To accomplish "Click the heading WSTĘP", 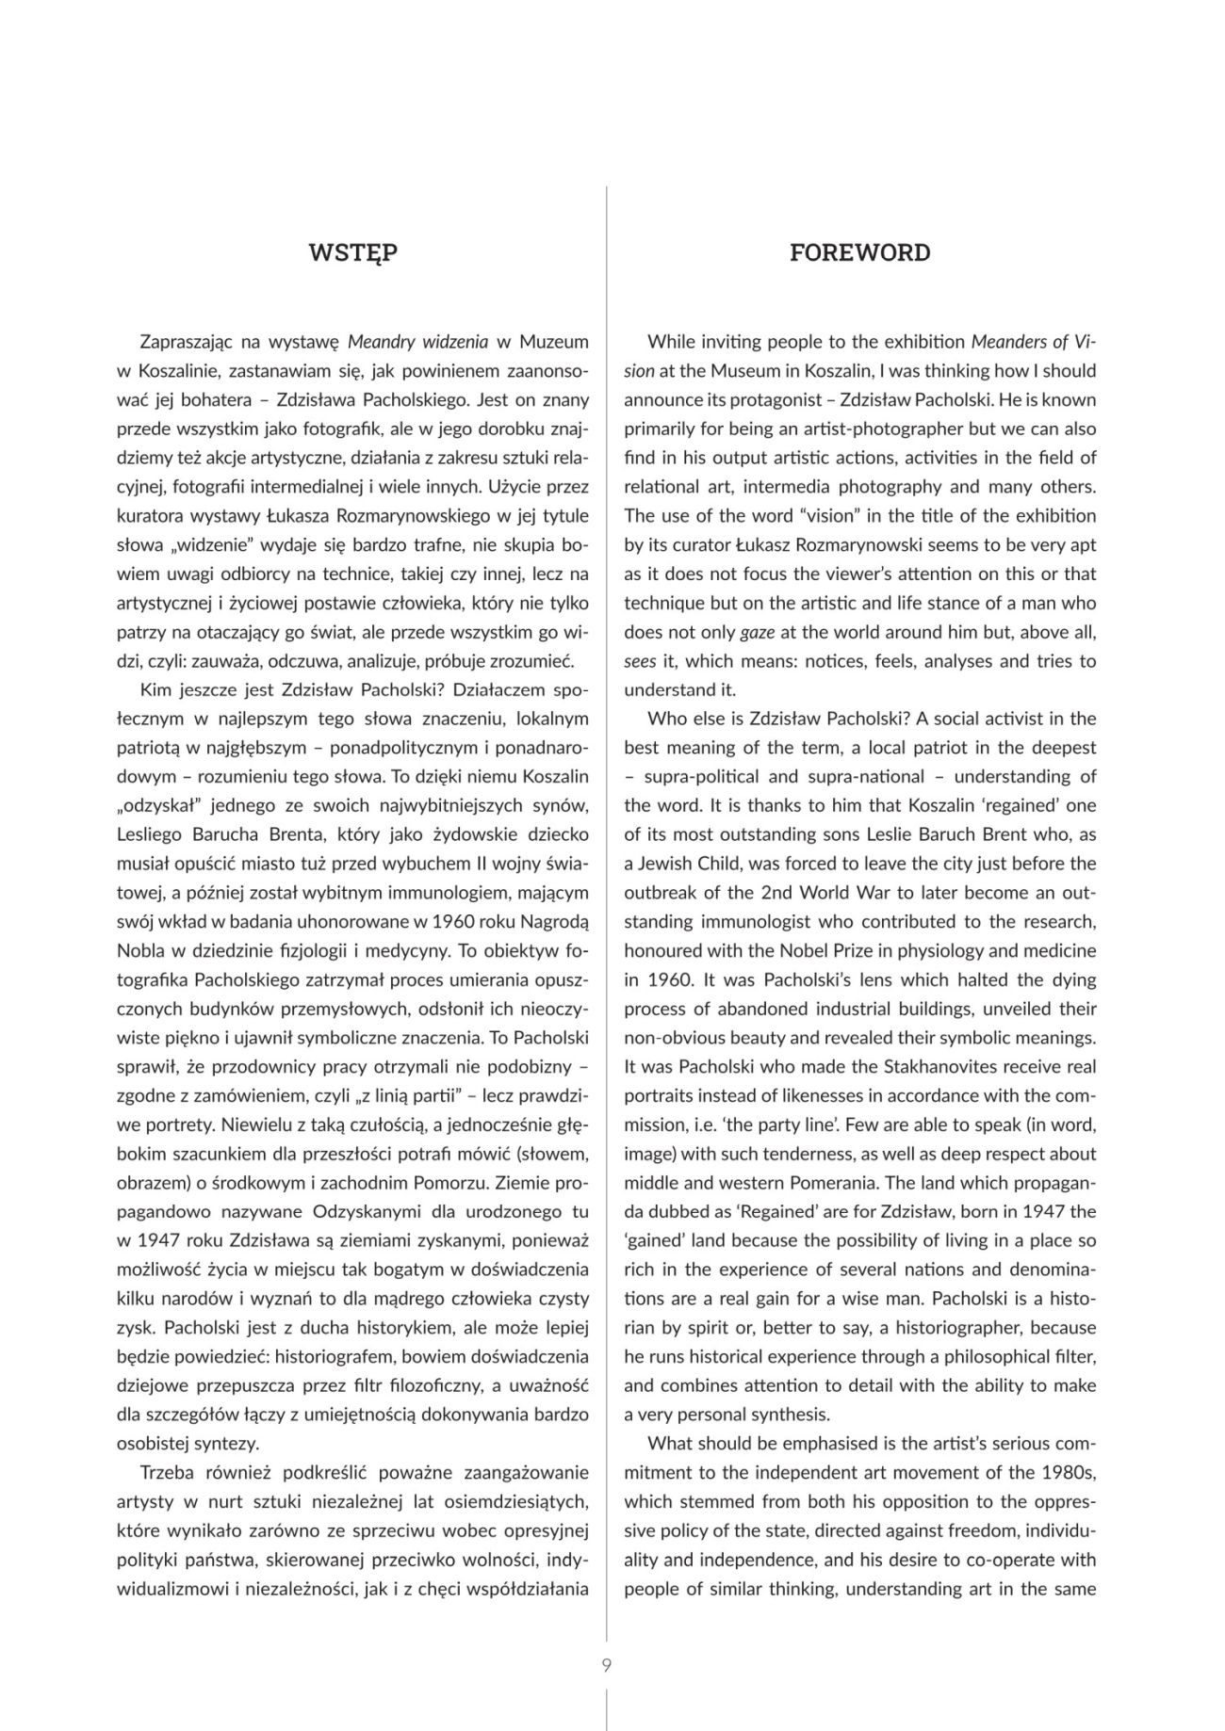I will pos(353,252).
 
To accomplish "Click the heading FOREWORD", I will pos(859,252).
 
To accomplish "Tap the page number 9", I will pos(606,1665).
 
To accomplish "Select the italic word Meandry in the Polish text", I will pos(379,341).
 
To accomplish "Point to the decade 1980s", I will pos(1068,1473).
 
